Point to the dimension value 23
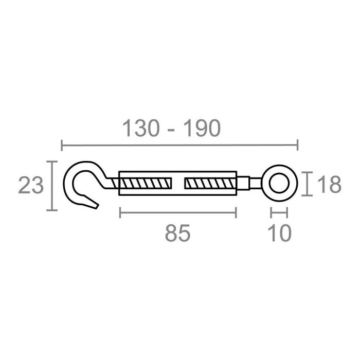pos(30,186)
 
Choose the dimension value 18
pos(328,185)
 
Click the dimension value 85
pos(178,233)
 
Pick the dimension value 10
pos(280,233)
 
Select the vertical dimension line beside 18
pos(307,184)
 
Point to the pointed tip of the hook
pos(96,206)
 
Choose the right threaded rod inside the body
pos(210,183)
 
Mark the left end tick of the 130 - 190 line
pos(62,146)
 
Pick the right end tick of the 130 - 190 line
pos(297,146)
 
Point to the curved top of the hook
pos(85,165)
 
